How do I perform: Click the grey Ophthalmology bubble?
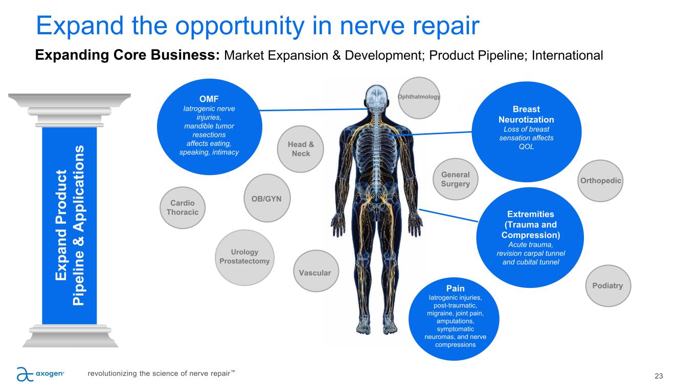(419, 97)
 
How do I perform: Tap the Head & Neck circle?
(300, 149)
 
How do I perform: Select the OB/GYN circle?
(267, 198)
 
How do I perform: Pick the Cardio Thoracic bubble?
(182, 208)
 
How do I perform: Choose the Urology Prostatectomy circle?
(244, 257)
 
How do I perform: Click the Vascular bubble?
(316, 271)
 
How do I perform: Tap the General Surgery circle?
(455, 179)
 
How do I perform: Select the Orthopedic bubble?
(600, 181)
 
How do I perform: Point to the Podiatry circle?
(608, 286)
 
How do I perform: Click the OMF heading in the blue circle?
(209, 99)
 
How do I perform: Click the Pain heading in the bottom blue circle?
(455, 288)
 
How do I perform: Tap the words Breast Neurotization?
(526, 114)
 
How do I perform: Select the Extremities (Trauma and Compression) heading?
(530, 225)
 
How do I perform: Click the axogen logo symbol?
(25, 374)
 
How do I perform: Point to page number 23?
(659, 376)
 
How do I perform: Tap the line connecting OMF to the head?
(313, 110)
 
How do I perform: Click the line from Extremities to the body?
(448, 215)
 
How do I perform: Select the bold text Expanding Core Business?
(127, 55)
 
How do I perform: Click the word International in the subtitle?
(567, 55)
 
